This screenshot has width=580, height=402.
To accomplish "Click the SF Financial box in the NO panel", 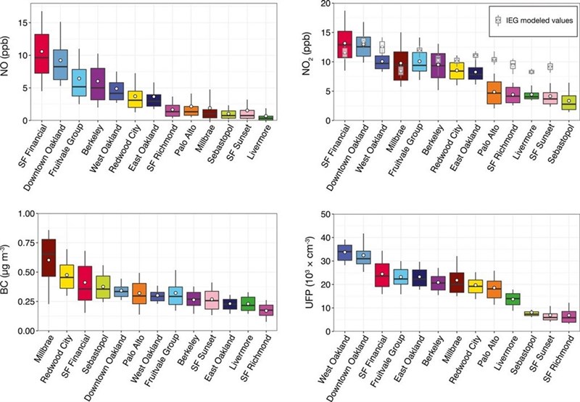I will click(42, 53).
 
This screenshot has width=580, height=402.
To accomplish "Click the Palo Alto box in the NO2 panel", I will click(493, 93).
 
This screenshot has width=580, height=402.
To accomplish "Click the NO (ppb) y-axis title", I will click(9, 60).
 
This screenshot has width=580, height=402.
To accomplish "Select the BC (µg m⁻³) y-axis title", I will click(9, 270).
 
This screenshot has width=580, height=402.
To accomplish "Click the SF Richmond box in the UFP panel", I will click(569, 317).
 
